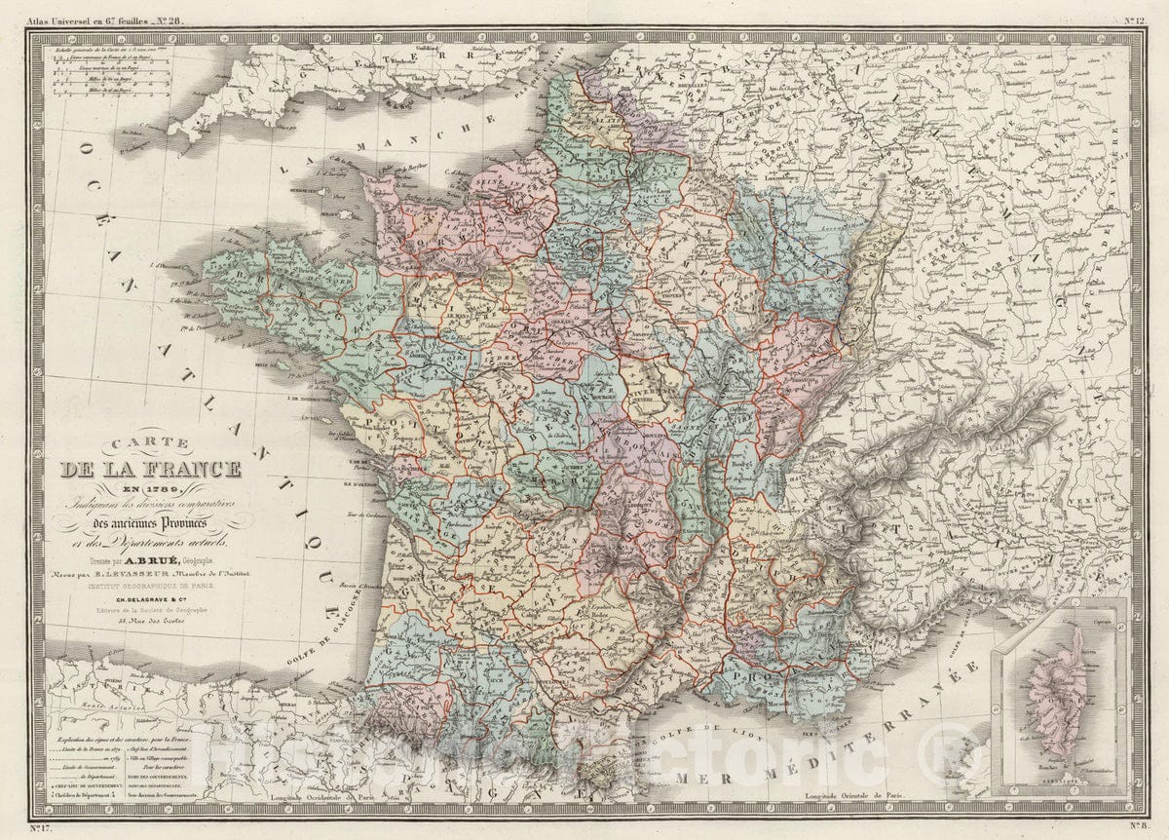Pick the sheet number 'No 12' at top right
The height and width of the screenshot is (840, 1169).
pos(1134,19)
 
